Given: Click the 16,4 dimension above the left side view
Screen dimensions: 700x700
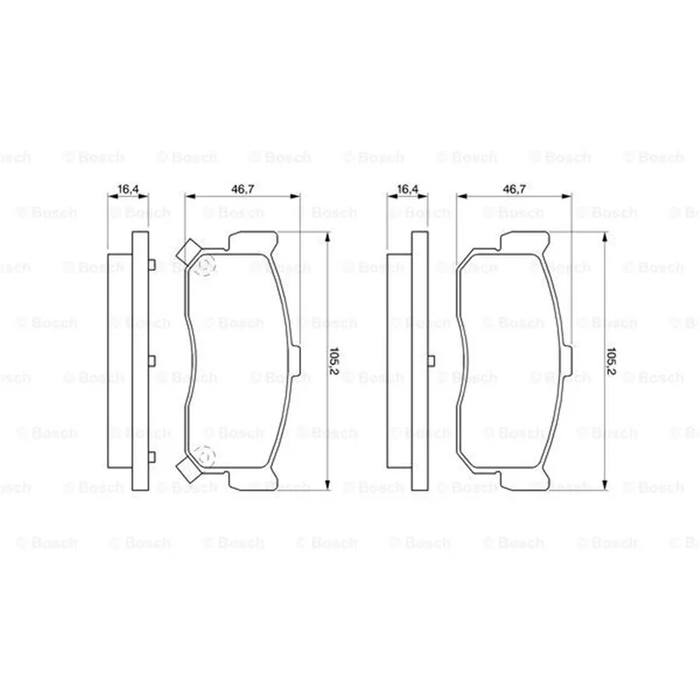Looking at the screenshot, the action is [128, 189].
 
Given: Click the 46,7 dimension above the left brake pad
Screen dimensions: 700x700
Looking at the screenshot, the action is [242, 189].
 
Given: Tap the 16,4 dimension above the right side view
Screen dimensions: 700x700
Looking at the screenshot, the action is [408, 189].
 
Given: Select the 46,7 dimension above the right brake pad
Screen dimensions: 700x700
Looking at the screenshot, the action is [514, 189].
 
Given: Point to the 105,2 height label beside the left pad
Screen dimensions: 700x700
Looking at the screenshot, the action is [334, 360].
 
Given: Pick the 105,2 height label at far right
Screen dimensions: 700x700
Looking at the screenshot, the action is [611, 360].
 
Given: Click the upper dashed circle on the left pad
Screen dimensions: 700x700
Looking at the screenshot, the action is [205, 265].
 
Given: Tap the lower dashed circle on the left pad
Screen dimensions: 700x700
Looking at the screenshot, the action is [205, 456].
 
